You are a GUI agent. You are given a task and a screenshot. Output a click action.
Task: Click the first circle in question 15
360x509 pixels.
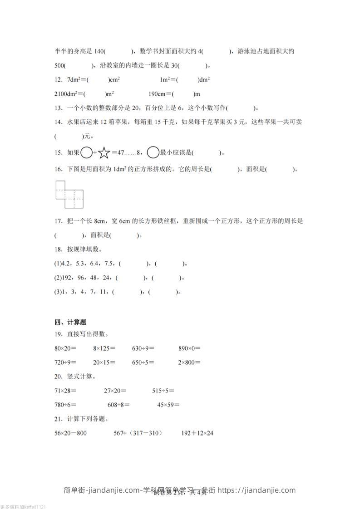coord(86,152)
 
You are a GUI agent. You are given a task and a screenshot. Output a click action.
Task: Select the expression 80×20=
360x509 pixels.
coord(65,348)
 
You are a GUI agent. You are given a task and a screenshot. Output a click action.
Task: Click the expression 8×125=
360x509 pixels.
coord(104,348)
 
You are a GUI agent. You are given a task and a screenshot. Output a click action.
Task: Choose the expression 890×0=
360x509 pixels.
coord(189,348)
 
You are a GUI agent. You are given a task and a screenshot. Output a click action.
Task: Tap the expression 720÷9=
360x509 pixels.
coord(65,362)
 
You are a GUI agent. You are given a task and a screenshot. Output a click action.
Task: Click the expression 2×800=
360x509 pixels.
coord(189,362)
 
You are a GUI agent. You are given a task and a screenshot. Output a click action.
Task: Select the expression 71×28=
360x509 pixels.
coord(65,391)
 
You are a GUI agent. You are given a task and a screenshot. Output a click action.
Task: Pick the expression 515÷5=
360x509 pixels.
coord(163,391)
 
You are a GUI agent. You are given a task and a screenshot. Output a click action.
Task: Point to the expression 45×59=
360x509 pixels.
coord(168,405)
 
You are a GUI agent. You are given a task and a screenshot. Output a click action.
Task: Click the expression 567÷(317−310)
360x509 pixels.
coord(138,433)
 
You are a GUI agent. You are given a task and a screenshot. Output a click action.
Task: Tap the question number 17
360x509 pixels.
coord(58,221)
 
